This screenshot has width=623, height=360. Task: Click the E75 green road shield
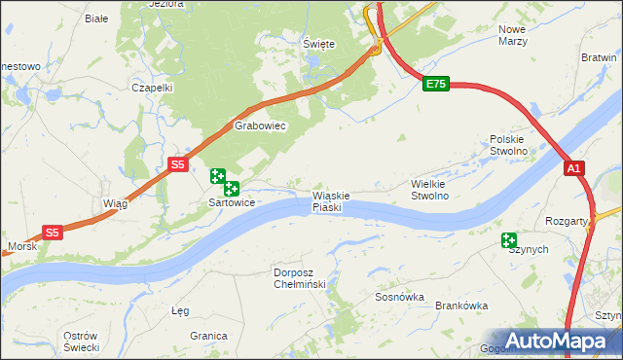pos(435,85)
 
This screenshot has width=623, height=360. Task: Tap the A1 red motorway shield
pos(575,169)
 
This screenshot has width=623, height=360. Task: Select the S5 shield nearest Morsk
pos(53,233)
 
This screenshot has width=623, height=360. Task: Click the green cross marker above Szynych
pos(509,240)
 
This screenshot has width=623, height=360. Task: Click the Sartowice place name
pos(232,203)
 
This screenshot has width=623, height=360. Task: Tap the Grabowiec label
pos(259,126)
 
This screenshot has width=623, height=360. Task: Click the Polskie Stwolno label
pos(508,145)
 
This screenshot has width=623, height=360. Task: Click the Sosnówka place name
pos(400,298)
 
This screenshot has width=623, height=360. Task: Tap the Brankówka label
pos(461,306)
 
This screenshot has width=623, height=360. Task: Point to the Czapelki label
pos(152,87)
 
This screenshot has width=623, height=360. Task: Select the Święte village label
pos(318,45)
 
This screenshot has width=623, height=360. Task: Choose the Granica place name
pos(208,335)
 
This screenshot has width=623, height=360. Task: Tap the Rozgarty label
pos(568,221)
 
